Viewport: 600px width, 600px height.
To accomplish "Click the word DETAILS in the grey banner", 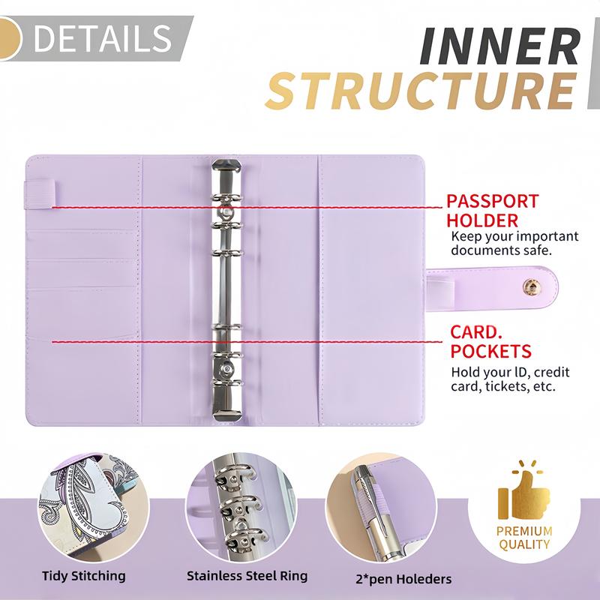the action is click(x=103, y=38).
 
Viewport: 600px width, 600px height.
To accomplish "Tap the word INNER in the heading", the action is click(x=500, y=46).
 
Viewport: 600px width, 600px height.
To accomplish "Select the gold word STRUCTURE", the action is click(x=421, y=91).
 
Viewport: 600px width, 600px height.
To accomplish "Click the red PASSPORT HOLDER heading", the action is click(x=492, y=211).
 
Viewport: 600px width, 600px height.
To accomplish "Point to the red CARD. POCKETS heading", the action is click(x=490, y=342).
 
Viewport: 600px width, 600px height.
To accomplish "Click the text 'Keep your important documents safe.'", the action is click(x=514, y=243).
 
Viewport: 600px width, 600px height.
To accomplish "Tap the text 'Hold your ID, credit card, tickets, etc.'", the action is click(x=510, y=379).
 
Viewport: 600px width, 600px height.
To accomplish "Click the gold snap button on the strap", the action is click(x=531, y=287).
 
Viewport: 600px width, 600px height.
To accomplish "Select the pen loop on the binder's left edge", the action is click(x=40, y=194).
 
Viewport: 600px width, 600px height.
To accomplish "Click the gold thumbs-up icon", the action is click(x=523, y=490).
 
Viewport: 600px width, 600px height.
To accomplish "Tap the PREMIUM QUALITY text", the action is click(x=524, y=538).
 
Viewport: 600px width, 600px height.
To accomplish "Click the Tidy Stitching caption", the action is click(x=84, y=576).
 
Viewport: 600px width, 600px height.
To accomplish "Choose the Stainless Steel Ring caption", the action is click(x=247, y=576).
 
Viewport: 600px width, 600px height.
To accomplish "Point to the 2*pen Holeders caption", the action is click(x=403, y=579).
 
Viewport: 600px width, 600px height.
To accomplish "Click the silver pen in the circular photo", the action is click(x=377, y=513).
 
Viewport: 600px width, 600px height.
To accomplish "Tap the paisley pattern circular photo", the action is click(x=93, y=508).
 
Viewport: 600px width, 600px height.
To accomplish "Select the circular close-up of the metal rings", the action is click(x=241, y=508).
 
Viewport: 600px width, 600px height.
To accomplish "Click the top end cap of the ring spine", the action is click(x=227, y=167).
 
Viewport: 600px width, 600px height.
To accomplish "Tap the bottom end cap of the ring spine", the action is click(x=227, y=415).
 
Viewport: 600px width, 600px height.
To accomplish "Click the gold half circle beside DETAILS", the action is click(x=10, y=38).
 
